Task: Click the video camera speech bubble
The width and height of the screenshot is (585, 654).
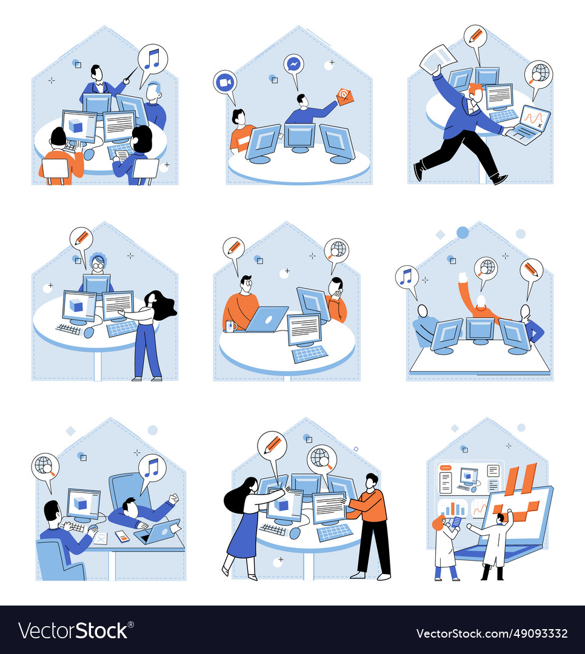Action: click(x=224, y=82)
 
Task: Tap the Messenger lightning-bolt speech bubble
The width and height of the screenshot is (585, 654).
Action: click(x=293, y=64)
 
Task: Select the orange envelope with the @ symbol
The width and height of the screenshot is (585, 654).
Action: click(x=344, y=96)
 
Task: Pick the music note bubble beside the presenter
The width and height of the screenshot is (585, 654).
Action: click(x=152, y=59)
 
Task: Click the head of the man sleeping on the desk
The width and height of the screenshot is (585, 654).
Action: click(x=130, y=505)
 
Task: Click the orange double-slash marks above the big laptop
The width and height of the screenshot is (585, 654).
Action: click(x=521, y=478)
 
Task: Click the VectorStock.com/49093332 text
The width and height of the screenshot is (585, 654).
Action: click(x=492, y=633)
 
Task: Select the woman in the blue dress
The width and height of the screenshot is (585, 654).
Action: click(x=246, y=527)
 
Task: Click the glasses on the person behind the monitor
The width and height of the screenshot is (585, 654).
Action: click(x=97, y=265)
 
